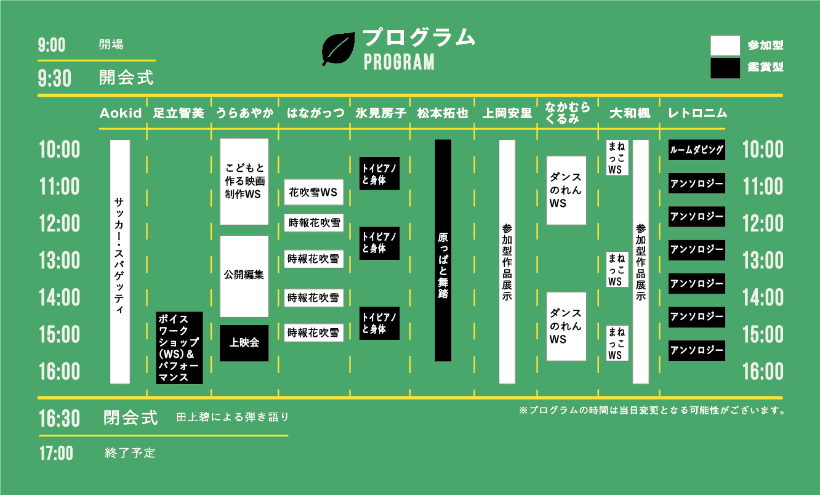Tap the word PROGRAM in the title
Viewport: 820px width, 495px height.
pos(399,62)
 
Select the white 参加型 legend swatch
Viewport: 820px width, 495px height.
pos(725,46)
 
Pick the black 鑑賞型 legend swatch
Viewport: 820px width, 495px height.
pos(725,68)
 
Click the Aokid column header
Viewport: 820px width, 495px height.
pos(121,113)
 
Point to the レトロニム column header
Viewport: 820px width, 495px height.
pos(697,113)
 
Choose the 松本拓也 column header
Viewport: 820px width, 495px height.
pos(443,113)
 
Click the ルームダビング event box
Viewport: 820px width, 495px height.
pos(697,150)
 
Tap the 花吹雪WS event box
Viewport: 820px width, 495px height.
pos(314,192)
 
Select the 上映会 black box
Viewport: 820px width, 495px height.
pos(244,343)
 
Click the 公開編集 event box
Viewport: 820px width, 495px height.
pos(244,276)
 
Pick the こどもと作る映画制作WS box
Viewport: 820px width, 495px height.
pos(244,182)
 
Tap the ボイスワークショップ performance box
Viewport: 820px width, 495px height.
pos(179,348)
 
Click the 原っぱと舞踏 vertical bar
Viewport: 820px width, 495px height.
pos(443,251)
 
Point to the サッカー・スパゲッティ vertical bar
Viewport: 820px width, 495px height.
pos(120,262)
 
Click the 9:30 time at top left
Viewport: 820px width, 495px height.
pos(55,78)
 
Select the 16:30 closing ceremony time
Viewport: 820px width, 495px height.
pos(59,419)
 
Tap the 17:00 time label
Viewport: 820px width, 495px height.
pos(57,453)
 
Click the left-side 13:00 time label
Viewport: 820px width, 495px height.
pos(60,260)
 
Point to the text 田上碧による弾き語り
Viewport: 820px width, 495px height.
pos(233,417)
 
